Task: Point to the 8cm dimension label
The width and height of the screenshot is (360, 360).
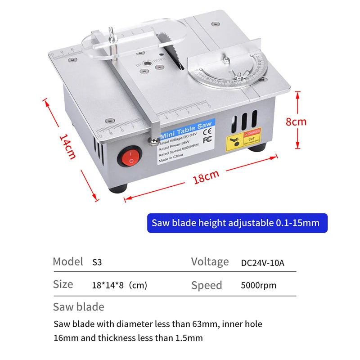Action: pyautogui.click(x=297, y=121)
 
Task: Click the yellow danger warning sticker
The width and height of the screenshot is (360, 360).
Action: pyautogui.click(x=243, y=139)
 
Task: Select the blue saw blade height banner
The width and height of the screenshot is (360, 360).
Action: pyautogui.click(x=237, y=223)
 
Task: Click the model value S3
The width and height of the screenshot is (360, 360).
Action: pyautogui.click(x=97, y=262)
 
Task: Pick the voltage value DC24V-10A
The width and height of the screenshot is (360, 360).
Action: pyautogui.click(x=263, y=262)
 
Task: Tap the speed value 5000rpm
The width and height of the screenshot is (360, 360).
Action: pyautogui.click(x=259, y=285)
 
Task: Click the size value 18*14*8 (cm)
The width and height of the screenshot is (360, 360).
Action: pyautogui.click(x=119, y=285)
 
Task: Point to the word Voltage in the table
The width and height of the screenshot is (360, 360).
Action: pyautogui.click(x=210, y=262)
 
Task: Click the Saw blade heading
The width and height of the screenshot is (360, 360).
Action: pyautogui.click(x=78, y=307)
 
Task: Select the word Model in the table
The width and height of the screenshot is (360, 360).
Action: pyautogui.click(x=68, y=261)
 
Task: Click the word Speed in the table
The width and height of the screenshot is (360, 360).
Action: pyautogui.click(x=207, y=285)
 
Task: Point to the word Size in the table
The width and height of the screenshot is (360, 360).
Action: pyautogui.click(x=63, y=284)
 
